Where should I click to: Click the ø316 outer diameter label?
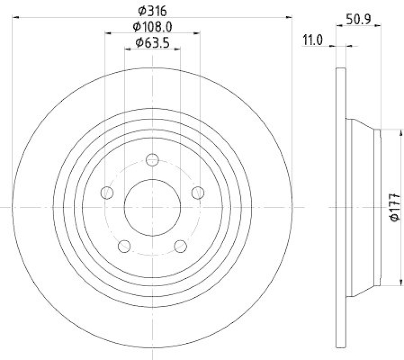152,11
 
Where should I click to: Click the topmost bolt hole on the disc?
152,160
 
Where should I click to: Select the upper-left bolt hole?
107,193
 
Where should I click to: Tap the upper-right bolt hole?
198,193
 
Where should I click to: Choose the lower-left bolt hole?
124,246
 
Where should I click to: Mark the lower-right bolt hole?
180,246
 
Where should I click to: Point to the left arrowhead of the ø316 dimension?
15,18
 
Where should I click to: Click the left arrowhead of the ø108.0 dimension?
108,33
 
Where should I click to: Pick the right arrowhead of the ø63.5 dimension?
177,50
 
